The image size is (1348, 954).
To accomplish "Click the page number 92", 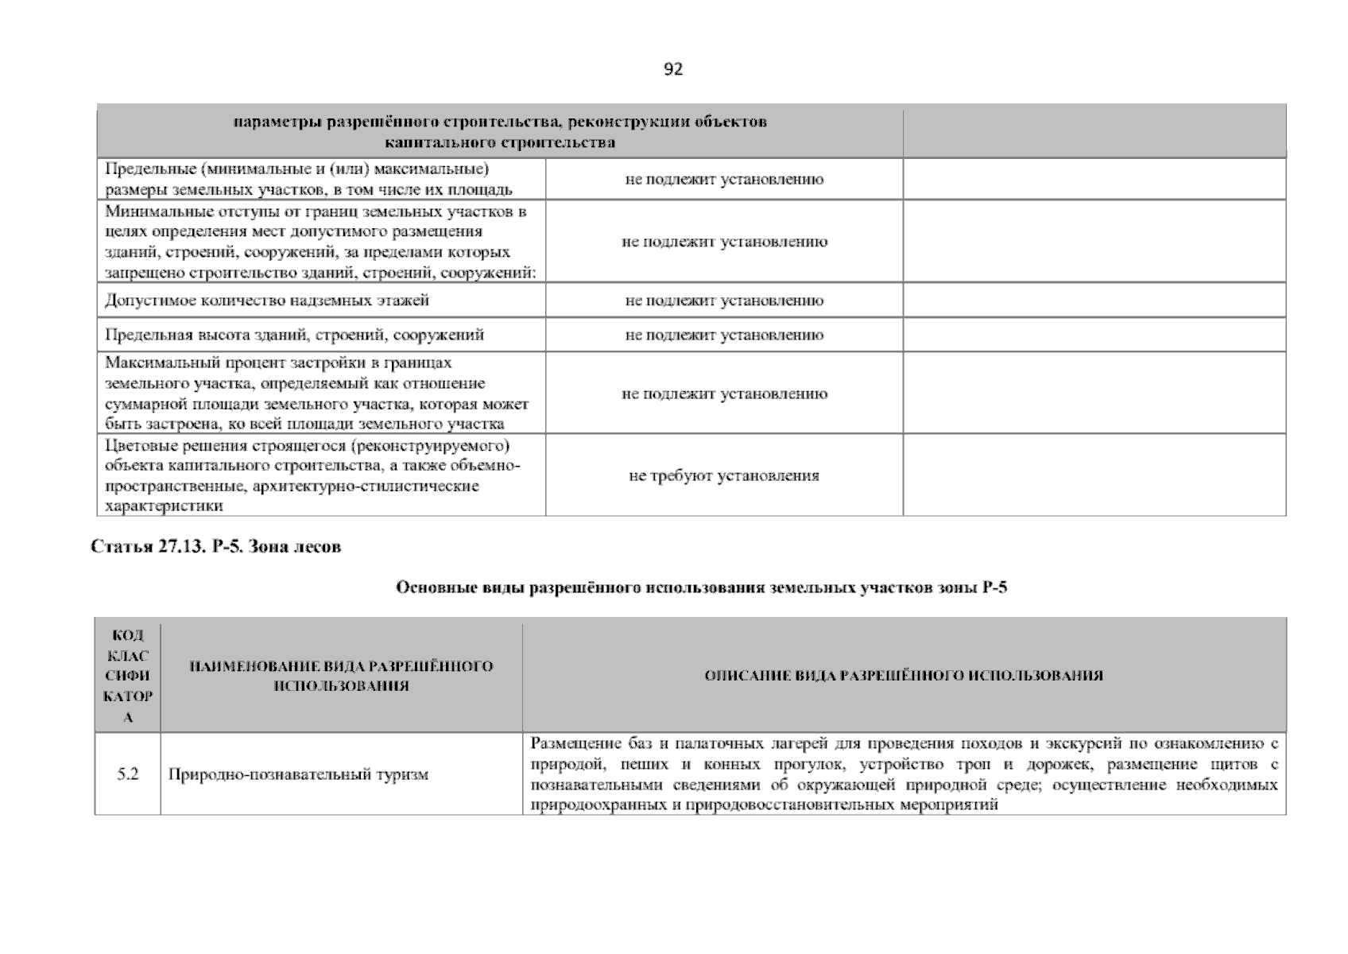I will [672, 69].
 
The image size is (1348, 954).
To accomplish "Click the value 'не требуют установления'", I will [723, 475].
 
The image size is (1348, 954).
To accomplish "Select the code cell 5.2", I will [128, 774].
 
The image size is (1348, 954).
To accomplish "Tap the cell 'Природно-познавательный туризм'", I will [298, 774].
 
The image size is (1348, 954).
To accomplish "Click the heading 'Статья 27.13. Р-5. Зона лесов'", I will [216, 547].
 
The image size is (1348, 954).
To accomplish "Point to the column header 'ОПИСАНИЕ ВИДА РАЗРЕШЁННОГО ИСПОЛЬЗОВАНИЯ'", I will [904, 676].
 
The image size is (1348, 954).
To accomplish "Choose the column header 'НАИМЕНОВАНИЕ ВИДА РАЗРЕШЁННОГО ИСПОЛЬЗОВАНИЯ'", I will [341, 676].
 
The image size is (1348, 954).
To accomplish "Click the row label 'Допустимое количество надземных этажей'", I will [267, 301].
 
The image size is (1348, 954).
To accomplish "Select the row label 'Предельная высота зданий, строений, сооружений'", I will [294, 335].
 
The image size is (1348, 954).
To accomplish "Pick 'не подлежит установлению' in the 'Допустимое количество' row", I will [724, 301].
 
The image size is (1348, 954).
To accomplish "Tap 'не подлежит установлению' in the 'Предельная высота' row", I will [724, 335].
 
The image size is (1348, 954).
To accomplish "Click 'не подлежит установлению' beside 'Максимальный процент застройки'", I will [724, 394].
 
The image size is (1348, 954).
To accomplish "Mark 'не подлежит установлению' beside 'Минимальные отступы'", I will [724, 242].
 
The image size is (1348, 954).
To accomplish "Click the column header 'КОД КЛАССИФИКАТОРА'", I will [128, 676].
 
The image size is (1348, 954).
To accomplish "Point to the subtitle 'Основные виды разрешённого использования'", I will [701, 588].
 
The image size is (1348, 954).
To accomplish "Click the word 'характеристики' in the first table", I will [164, 506].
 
